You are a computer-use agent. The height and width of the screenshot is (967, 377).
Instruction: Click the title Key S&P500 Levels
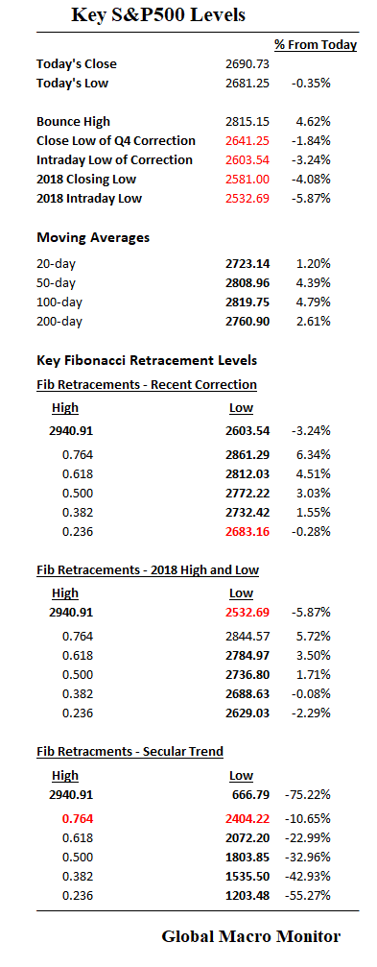pyautogui.click(x=158, y=15)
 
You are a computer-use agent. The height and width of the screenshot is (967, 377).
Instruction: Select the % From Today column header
pyautogui.click(x=316, y=45)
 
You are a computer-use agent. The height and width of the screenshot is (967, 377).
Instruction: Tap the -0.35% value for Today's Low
pyautogui.click(x=311, y=84)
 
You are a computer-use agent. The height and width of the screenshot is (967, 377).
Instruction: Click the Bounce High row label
pyautogui.click(x=73, y=122)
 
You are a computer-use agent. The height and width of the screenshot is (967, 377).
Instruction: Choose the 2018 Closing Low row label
pyautogui.click(x=86, y=180)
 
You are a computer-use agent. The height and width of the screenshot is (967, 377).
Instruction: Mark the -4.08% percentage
pyautogui.click(x=311, y=180)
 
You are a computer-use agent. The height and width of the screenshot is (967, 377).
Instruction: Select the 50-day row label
pyautogui.click(x=58, y=283)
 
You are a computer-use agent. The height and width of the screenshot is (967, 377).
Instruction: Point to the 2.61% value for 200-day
pyautogui.click(x=313, y=322)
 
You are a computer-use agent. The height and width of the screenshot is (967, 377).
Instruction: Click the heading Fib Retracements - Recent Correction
pyautogui.click(x=147, y=385)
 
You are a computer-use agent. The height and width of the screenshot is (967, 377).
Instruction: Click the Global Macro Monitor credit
pyautogui.click(x=250, y=936)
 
